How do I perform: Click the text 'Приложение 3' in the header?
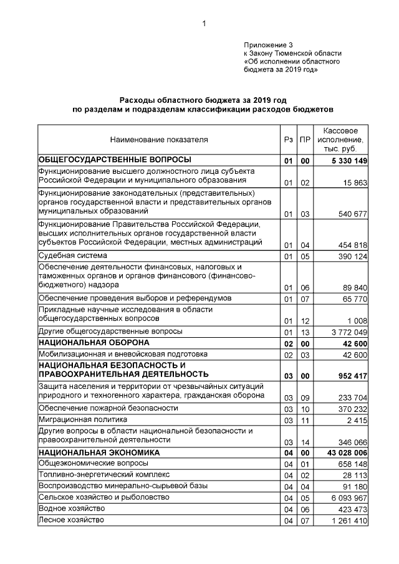[267, 45]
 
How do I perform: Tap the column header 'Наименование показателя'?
[159, 140]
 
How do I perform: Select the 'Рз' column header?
[287, 140]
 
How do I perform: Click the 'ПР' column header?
[304, 140]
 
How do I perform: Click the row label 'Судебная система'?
[73, 256]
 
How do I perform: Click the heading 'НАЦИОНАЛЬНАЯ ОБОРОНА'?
[94, 343]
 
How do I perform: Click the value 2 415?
[357, 421]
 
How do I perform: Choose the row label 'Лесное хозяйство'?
[71, 519]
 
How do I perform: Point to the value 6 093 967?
[347, 498]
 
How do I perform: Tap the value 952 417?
[349, 376]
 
